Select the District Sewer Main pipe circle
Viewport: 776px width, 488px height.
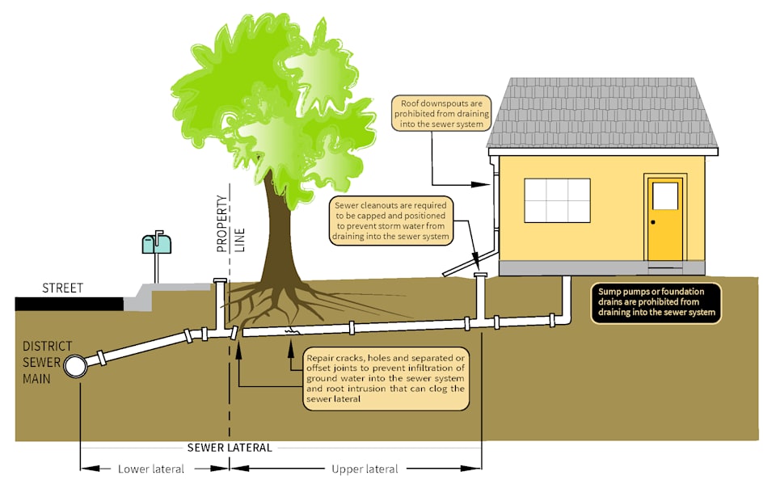pyautogui.click(x=76, y=366)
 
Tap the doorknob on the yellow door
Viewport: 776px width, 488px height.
pyautogui.click(x=653, y=221)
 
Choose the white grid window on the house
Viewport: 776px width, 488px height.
pyautogui.click(x=557, y=200)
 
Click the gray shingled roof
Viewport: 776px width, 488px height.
pyautogui.click(x=601, y=113)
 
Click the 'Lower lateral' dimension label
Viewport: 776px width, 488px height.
pyautogui.click(x=151, y=469)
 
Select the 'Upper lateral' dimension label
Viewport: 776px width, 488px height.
pyautogui.click(x=365, y=469)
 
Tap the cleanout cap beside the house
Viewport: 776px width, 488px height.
pyautogui.click(x=481, y=276)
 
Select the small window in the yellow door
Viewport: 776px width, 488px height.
pyautogui.click(x=664, y=196)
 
